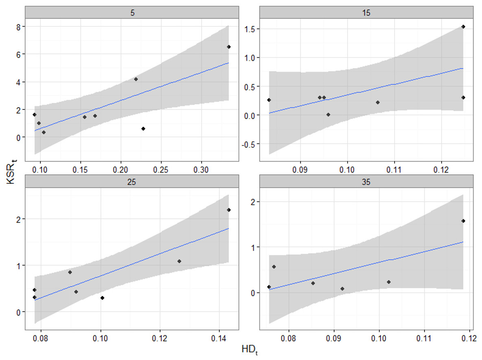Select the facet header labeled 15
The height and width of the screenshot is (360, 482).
(367, 12)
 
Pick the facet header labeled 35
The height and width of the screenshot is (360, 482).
(367, 182)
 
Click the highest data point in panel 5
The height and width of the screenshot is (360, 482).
(229, 47)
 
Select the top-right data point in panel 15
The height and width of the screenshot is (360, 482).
(463, 27)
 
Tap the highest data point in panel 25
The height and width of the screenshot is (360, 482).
(229, 210)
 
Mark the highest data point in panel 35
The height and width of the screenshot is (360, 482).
(463, 221)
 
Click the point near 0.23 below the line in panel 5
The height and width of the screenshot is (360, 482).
(143, 129)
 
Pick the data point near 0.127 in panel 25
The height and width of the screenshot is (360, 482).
(179, 261)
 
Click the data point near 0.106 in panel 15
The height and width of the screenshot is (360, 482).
(378, 102)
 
